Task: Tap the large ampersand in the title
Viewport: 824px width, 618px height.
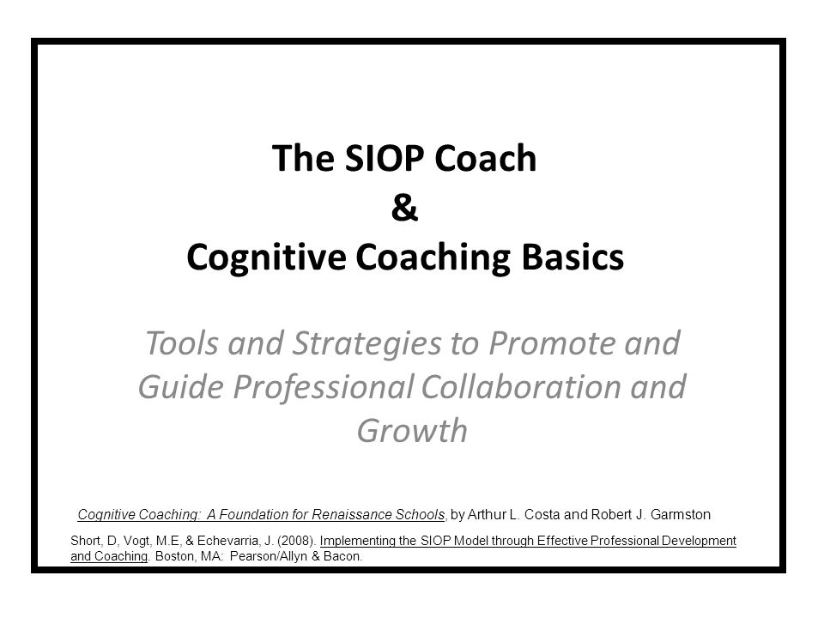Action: pos(404,208)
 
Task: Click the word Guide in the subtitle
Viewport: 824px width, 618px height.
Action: pos(181,387)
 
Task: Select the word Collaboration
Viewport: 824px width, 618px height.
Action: pos(521,387)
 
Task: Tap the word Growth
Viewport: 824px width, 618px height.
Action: pos(412,431)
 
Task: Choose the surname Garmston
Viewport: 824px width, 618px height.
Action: pos(681,514)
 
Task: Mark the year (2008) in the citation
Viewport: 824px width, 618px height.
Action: pos(296,541)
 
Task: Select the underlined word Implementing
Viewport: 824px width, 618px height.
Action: pos(357,542)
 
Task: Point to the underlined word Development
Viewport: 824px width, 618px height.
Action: pos(699,542)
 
